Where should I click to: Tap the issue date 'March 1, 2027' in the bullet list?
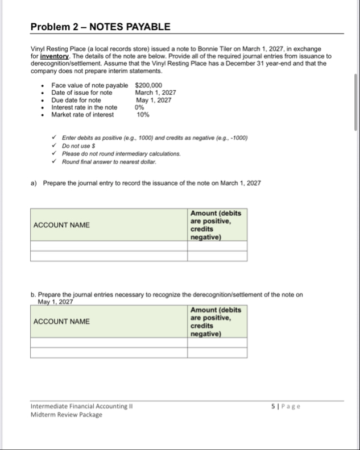click(x=155, y=93)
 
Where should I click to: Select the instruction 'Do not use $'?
click(x=82, y=146)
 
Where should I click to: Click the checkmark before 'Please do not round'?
click(x=53, y=154)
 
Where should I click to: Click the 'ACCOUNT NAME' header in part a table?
click(x=61, y=225)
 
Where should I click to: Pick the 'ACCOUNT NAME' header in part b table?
click(x=61, y=322)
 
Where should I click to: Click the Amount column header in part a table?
click(x=217, y=225)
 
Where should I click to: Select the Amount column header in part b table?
click(x=217, y=322)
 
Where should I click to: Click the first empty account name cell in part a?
click(x=108, y=245)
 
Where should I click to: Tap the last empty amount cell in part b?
click(x=217, y=352)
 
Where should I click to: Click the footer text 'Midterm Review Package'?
click(x=66, y=414)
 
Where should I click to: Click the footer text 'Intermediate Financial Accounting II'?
click(x=82, y=406)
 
